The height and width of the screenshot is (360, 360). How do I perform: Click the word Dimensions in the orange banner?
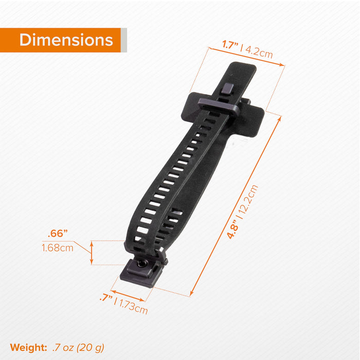pyautogui.click(x=66, y=40)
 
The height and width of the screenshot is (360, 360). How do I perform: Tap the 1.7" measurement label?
pyautogui.click(x=231, y=45)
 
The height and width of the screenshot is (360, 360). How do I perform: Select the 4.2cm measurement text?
pyautogui.click(x=259, y=51)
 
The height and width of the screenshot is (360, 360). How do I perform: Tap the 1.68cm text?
pyautogui.click(x=57, y=248)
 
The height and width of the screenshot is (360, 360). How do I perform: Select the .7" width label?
pyautogui.click(x=105, y=298)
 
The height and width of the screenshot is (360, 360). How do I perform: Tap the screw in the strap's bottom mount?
pyautogui.click(x=141, y=264)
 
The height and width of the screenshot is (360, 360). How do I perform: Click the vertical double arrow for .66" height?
pyautogui.click(x=92, y=253)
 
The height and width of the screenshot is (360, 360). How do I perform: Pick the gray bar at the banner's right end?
pyautogui.click(x=123, y=40)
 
